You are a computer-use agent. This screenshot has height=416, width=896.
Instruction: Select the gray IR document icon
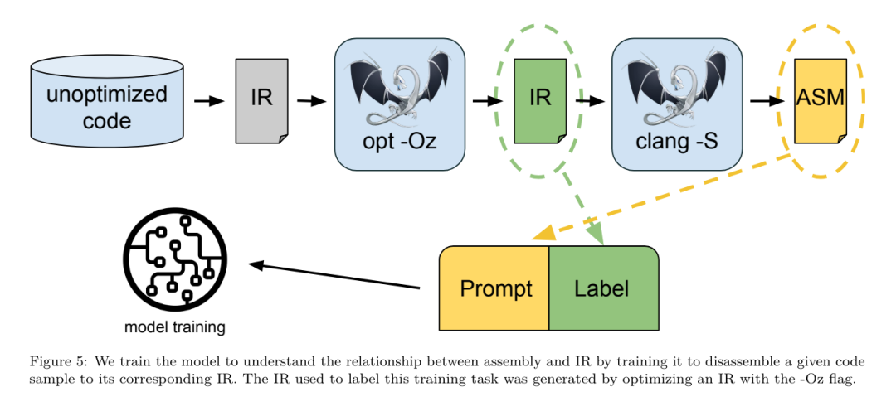coord(261,99)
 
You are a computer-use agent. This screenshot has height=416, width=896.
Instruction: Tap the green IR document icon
coord(540,99)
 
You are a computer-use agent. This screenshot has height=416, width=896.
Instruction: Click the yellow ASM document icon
coord(820,99)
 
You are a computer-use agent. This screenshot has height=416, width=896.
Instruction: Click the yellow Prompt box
coord(495,288)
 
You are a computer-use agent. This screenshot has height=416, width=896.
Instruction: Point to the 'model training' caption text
coord(175,327)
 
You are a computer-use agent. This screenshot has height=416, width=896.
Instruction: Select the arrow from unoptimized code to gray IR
coord(209,101)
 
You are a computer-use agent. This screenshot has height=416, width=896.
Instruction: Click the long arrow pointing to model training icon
coord(332,276)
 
